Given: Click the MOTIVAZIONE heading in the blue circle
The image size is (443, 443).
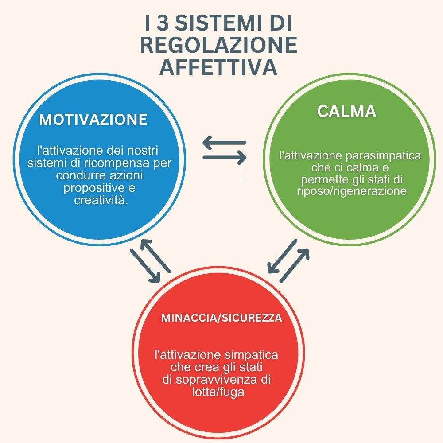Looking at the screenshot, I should pyautogui.click(x=93, y=120).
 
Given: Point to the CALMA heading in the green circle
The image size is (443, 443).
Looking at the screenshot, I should pyautogui.click(x=346, y=111).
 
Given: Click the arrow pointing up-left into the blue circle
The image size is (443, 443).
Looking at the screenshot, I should pyautogui.click(x=156, y=256).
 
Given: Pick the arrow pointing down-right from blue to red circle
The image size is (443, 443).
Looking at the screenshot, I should pyautogui.click(x=145, y=265).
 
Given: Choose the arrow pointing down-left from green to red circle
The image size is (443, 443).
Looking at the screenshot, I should pyautogui.click(x=282, y=256).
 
